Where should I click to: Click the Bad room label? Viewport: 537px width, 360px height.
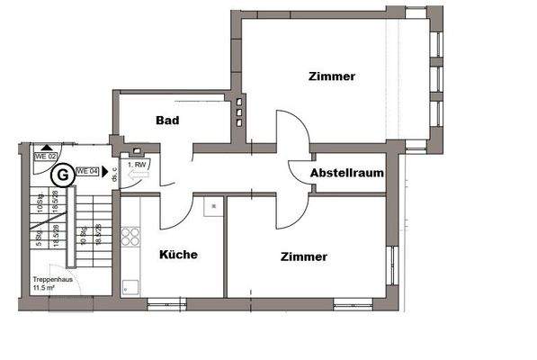coord(167,121)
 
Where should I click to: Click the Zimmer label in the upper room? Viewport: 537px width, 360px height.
coord(331,76)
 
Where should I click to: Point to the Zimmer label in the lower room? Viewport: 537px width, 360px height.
coord(303,256)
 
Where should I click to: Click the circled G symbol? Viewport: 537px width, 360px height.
coord(62,172)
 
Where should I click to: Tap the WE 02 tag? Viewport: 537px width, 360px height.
coord(45,156)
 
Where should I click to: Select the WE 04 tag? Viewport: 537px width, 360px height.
coord(87,170)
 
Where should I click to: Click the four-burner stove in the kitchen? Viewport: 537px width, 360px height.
coord(130,237)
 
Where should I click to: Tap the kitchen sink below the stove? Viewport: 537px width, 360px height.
coord(130,285)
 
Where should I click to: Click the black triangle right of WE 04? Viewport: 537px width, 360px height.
coord(105,170)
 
